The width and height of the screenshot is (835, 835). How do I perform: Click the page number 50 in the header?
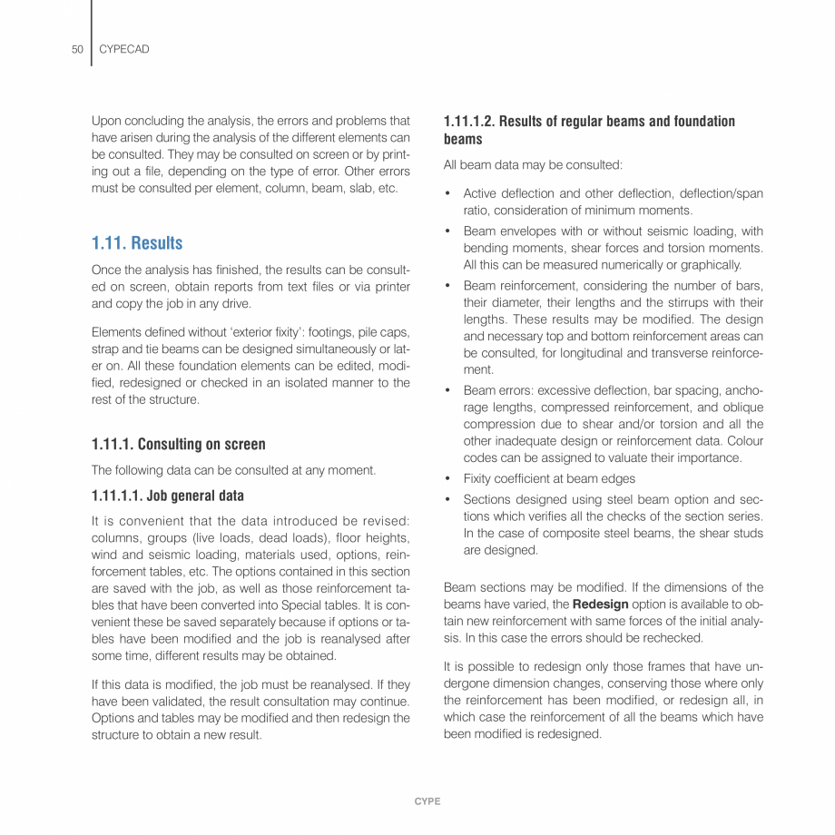click(x=77, y=49)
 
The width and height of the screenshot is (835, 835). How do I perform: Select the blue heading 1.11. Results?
click(x=137, y=243)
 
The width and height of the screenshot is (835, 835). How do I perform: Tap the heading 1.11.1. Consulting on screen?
click(x=179, y=444)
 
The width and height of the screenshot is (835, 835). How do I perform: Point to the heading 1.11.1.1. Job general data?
click(x=168, y=496)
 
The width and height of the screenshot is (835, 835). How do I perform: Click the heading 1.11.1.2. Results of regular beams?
click(x=589, y=121)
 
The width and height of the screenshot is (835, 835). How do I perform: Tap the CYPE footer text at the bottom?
click(x=427, y=801)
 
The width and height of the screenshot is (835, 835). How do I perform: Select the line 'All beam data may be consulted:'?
click(x=533, y=165)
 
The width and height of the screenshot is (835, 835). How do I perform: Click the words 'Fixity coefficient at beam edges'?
click(x=549, y=478)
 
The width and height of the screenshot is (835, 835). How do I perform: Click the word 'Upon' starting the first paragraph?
click(x=106, y=121)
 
